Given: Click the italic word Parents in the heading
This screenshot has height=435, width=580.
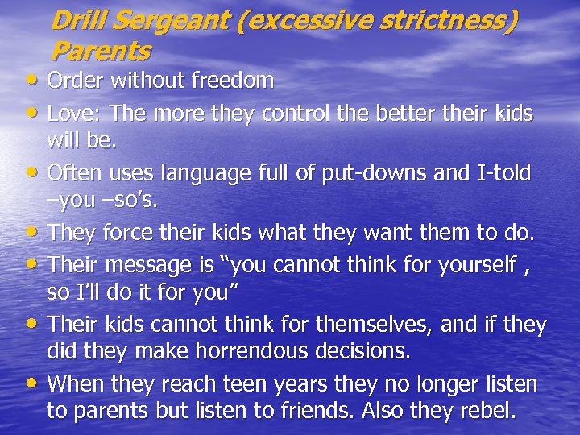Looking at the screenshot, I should pyautogui.click(x=100, y=52).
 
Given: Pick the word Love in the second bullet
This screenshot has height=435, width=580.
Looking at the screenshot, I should pyautogui.click(x=67, y=113).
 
